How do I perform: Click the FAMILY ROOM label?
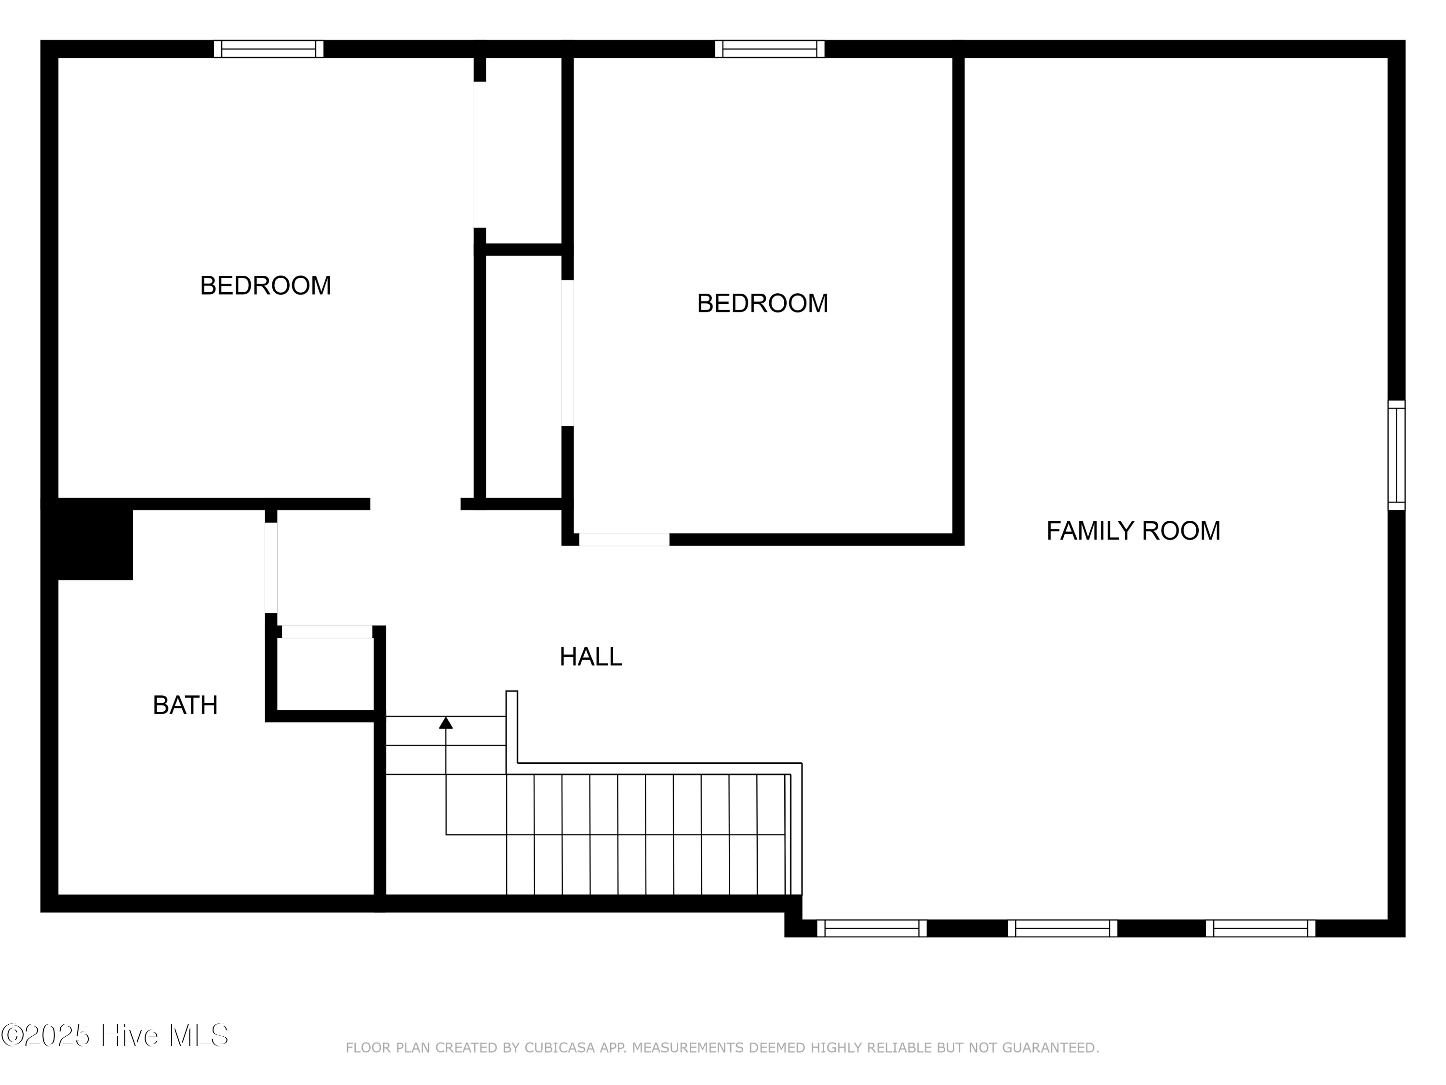tap(1133, 531)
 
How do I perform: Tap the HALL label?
tap(590, 657)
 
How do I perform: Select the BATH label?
tap(185, 705)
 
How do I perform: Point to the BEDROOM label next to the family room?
tap(762, 303)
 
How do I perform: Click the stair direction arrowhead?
tap(446, 722)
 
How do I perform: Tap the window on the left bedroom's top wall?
tap(268, 49)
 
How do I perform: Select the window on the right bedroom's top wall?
tap(769, 49)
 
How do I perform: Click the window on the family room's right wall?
tap(1396, 455)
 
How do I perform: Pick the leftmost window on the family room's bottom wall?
tap(872, 928)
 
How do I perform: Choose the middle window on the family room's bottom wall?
tap(1062, 928)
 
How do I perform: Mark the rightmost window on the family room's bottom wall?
tap(1260, 928)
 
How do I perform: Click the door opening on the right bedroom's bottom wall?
tap(624, 540)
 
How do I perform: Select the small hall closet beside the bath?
tap(325, 674)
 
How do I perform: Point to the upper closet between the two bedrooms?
tap(523, 150)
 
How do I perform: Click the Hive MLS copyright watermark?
tap(115, 1035)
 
